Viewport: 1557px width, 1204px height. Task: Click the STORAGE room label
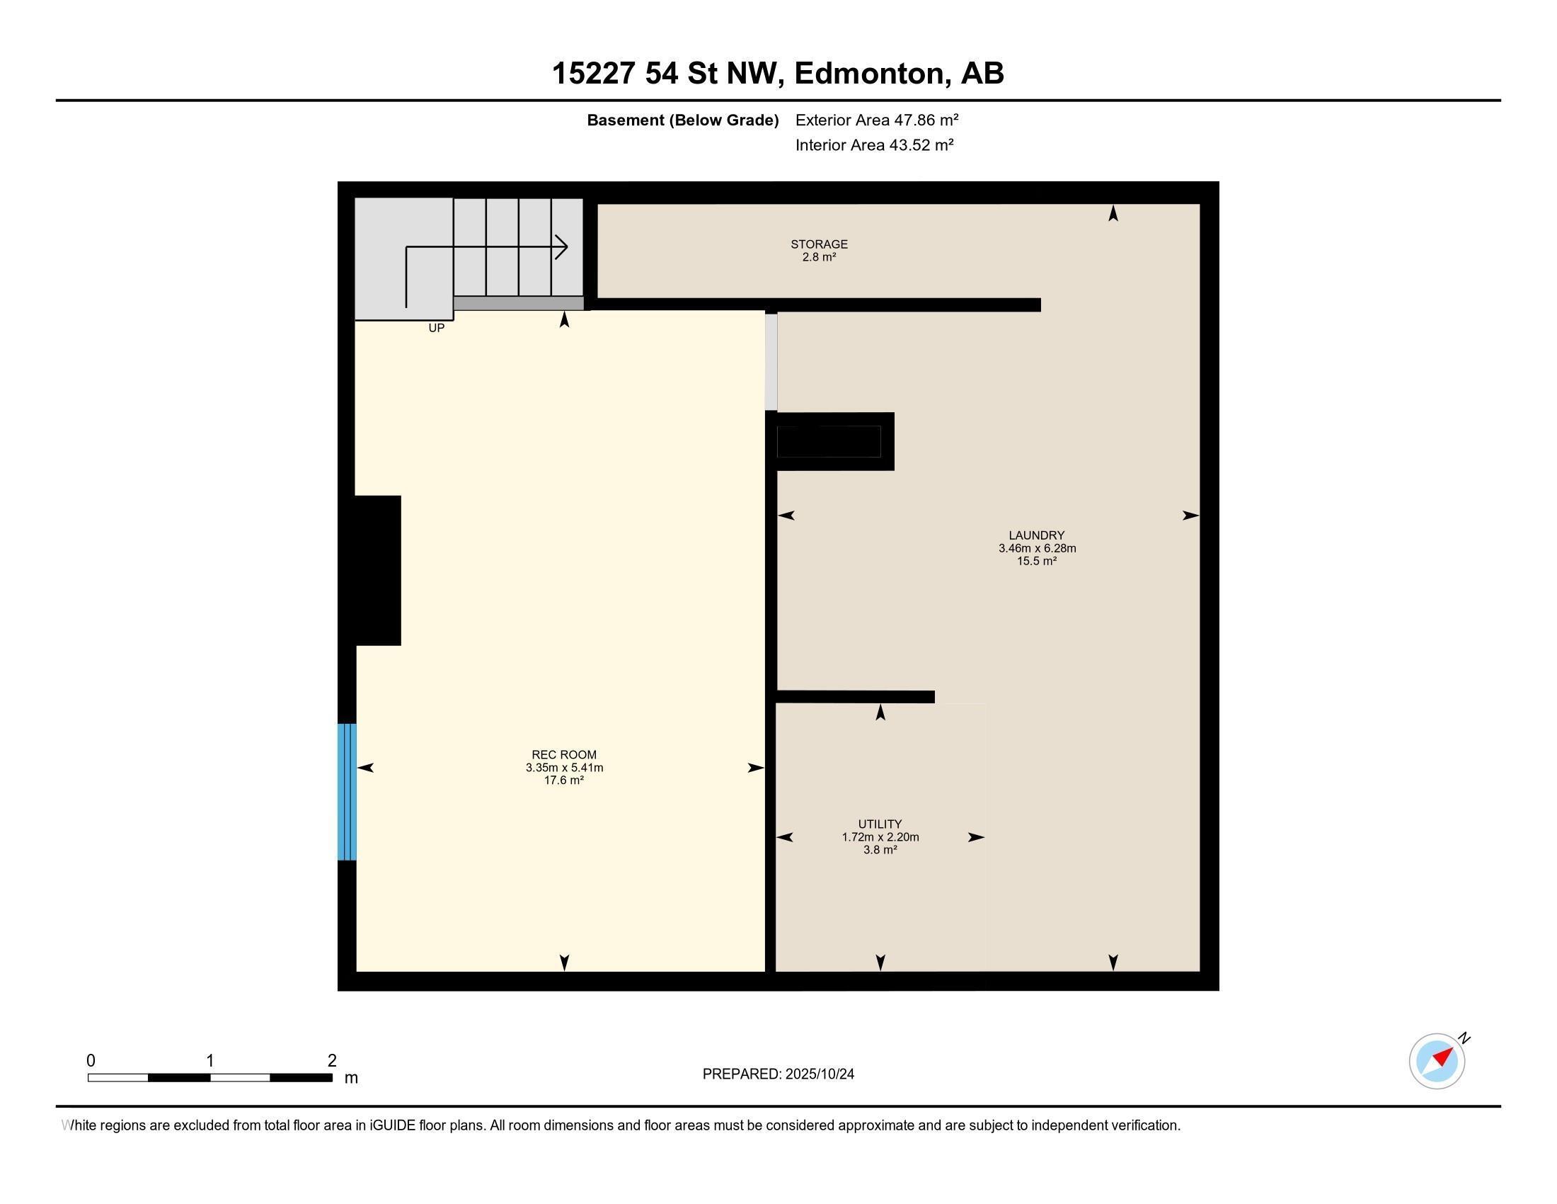click(818, 244)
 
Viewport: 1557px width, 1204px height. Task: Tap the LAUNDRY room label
click(1036, 535)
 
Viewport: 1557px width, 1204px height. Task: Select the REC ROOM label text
click(564, 755)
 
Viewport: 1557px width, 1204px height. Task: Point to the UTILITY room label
click(880, 824)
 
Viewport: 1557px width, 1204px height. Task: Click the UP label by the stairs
click(436, 328)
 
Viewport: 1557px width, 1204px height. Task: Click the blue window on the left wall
click(347, 792)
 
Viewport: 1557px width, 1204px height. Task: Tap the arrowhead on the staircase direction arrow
click(563, 247)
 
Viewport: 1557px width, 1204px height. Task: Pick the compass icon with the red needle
click(1437, 1061)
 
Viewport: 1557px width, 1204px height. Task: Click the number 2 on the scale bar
click(331, 1061)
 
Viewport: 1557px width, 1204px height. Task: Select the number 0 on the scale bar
click(91, 1061)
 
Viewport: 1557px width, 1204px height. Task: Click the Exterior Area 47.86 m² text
click(876, 120)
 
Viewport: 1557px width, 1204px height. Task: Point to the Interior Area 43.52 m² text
click(874, 144)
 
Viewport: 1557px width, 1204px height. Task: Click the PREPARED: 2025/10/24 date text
click(778, 1074)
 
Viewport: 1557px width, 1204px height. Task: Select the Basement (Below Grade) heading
click(682, 120)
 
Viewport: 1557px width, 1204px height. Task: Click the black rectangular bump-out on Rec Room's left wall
click(378, 571)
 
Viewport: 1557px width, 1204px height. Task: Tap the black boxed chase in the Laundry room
click(829, 441)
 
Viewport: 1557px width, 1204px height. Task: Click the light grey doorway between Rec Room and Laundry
click(771, 362)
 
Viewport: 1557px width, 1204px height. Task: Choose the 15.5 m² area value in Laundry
click(1036, 562)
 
